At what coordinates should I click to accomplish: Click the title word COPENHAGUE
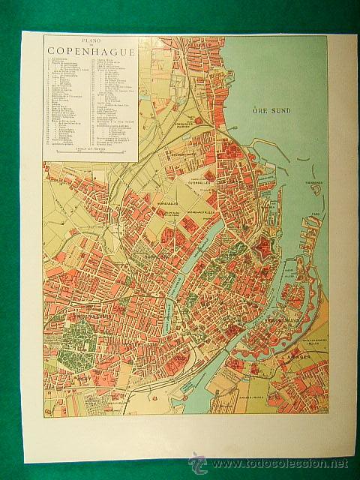coord(91,52)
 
